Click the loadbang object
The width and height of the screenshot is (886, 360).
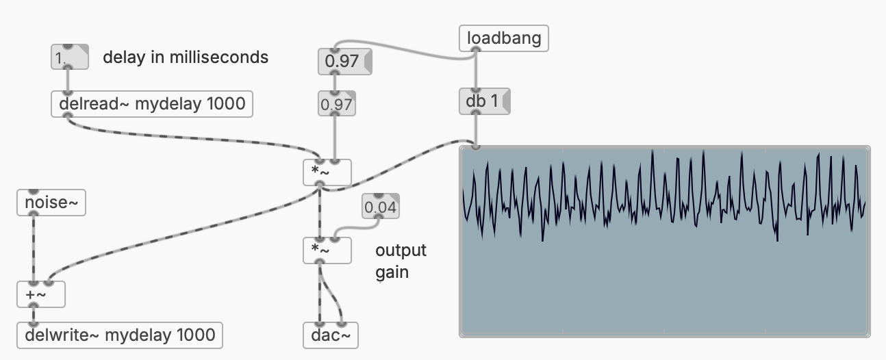pyautogui.click(x=503, y=38)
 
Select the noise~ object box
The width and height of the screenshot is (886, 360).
pyautogui.click(x=51, y=203)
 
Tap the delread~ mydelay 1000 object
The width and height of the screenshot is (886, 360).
pyautogui.click(x=152, y=104)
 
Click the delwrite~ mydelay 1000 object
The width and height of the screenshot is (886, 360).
pyautogui.click(x=120, y=335)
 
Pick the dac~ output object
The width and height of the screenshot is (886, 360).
pyautogui.click(x=330, y=335)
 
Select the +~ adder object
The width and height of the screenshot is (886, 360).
pyautogui.click(x=40, y=294)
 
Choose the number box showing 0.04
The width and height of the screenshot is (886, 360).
pyautogui.click(x=381, y=207)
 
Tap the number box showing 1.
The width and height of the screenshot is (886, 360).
pyautogui.click(x=69, y=58)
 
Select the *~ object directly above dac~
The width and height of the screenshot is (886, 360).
pyautogui.click(x=327, y=250)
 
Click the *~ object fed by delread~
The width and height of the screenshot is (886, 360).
pyautogui.click(x=327, y=172)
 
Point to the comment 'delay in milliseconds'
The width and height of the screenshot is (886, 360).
pyautogui.click(x=185, y=57)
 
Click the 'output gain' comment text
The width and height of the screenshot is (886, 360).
pyautogui.click(x=401, y=261)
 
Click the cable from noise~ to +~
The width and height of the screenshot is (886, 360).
pyautogui.click(x=33, y=246)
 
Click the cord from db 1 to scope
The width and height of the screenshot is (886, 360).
pyautogui.click(x=476, y=130)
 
